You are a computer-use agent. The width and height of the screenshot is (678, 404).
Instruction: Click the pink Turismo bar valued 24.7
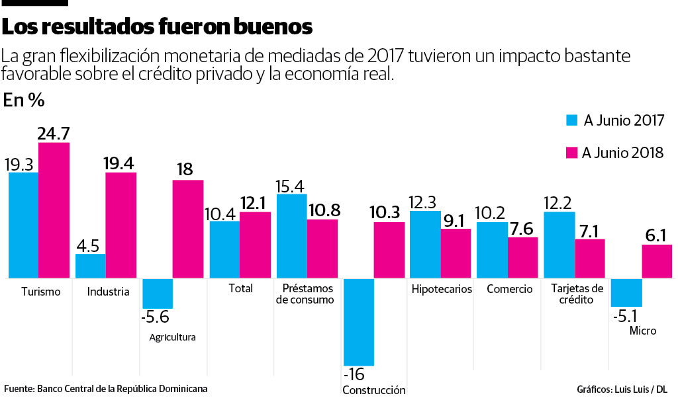(x=54, y=210)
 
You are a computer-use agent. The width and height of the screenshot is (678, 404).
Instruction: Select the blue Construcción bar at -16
(x=358, y=322)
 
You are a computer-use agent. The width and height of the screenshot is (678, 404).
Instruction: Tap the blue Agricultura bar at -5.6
(x=158, y=294)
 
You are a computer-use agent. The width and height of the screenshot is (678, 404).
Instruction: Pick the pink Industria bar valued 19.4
(x=121, y=225)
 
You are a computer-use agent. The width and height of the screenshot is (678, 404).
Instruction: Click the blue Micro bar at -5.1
(x=626, y=293)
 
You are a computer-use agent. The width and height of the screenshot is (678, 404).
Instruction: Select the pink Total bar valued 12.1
(x=255, y=245)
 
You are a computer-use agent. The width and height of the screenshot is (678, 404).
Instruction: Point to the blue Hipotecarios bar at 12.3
(x=425, y=244)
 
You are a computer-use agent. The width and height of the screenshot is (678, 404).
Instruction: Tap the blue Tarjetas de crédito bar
(x=558, y=245)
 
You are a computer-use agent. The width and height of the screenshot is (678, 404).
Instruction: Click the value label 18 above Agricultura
(x=184, y=169)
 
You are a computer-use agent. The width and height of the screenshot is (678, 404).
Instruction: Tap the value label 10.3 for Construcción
(x=389, y=212)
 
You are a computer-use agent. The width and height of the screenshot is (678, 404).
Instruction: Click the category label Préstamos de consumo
(x=308, y=294)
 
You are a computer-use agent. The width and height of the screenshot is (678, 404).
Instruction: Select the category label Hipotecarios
(x=442, y=289)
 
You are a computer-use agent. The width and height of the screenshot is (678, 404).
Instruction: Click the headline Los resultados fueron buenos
(x=157, y=27)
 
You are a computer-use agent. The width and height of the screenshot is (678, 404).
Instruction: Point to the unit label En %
(x=24, y=101)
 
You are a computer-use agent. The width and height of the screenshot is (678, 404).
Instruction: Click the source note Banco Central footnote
(x=106, y=389)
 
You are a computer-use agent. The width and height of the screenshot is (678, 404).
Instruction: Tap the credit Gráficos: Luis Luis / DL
(x=622, y=389)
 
